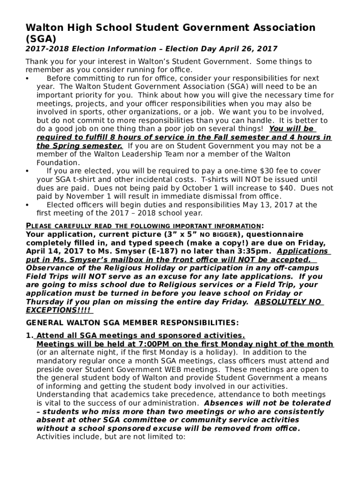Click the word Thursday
tap(47, 302)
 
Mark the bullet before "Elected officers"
tap(28, 205)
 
